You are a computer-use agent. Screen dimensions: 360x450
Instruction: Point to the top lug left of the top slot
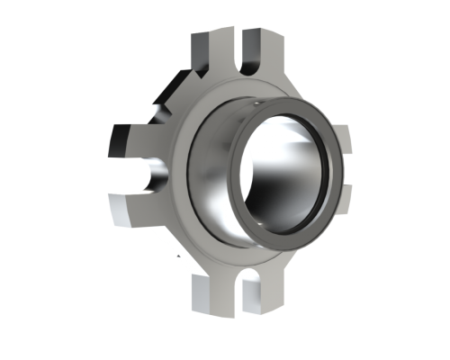coord(209,49)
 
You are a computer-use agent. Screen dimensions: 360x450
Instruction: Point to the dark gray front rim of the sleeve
coord(338,171)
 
